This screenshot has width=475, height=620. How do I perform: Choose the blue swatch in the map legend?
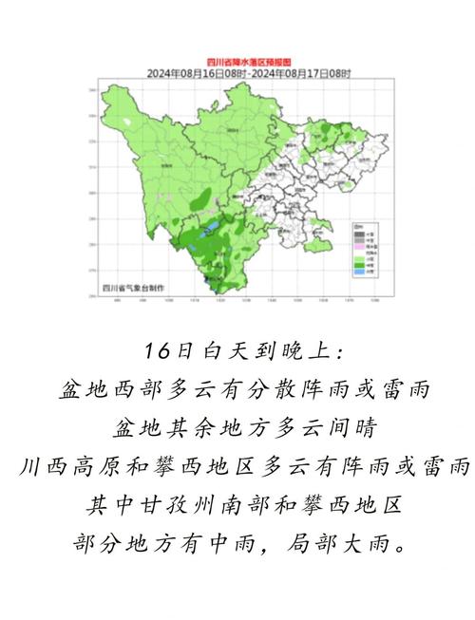358,272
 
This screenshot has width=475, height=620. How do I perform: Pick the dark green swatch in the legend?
358,264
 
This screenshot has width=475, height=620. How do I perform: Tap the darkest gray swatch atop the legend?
358,233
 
